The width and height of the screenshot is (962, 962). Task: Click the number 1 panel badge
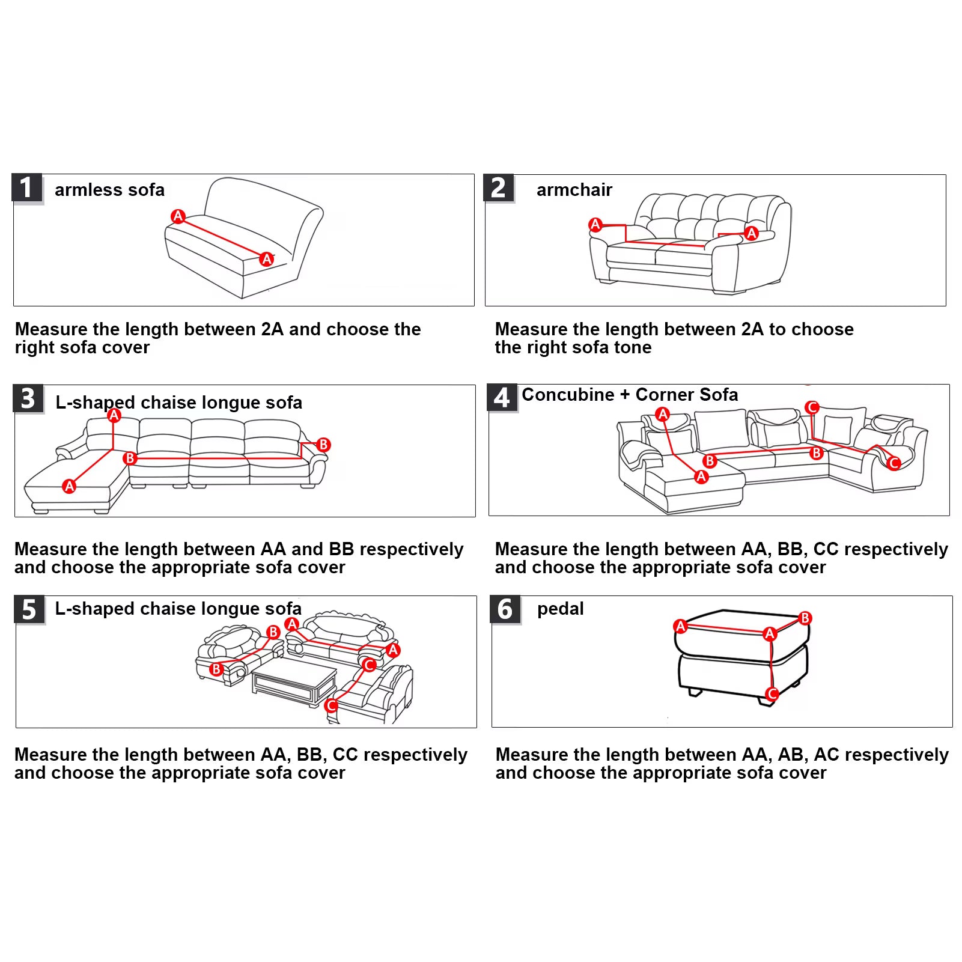pos(27,188)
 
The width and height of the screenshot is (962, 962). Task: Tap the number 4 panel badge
pos(502,398)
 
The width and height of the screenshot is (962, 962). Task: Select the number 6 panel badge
pos(505,610)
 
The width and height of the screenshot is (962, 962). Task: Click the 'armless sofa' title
pos(109,190)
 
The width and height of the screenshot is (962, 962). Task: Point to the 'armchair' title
pos(574,190)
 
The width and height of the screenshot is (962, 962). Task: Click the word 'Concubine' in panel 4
pos(568,395)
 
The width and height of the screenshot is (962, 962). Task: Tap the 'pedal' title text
pos(561,609)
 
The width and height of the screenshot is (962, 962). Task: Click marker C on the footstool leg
pos(772,694)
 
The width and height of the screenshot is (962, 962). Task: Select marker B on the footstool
pos(805,618)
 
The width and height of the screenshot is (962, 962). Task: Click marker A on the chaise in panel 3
pos(70,486)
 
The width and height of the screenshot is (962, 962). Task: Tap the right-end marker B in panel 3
pos(323,445)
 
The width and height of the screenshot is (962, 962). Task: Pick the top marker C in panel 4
pos(812,407)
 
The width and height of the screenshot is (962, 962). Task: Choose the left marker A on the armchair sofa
pos(595,225)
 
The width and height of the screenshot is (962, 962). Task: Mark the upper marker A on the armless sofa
pos(178,216)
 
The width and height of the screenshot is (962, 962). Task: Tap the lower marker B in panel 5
pos(216,669)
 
